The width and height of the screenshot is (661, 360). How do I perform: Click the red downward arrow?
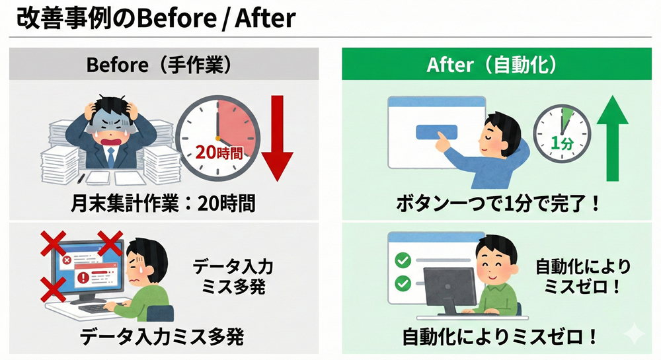tap(277, 138)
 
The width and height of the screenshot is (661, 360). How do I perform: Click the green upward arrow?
tap(613, 138)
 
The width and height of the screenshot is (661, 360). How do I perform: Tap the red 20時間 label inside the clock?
tap(219, 153)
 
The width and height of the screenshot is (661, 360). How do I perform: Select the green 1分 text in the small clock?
tap(562, 143)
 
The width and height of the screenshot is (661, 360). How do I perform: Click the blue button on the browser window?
tap(437, 132)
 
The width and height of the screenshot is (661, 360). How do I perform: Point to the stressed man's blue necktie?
tap(110, 157)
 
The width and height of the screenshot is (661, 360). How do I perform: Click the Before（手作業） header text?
tap(160, 65)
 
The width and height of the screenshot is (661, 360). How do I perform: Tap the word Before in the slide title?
tap(177, 18)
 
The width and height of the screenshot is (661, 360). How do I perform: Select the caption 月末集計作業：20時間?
tap(163, 204)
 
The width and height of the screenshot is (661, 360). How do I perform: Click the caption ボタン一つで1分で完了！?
tap(498, 204)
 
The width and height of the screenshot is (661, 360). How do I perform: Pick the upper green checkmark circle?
tap(403, 260)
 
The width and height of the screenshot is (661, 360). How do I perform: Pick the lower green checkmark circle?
tap(403, 283)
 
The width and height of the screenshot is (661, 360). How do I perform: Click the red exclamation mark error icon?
tap(84, 277)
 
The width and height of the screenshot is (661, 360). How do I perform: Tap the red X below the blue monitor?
tap(54, 289)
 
